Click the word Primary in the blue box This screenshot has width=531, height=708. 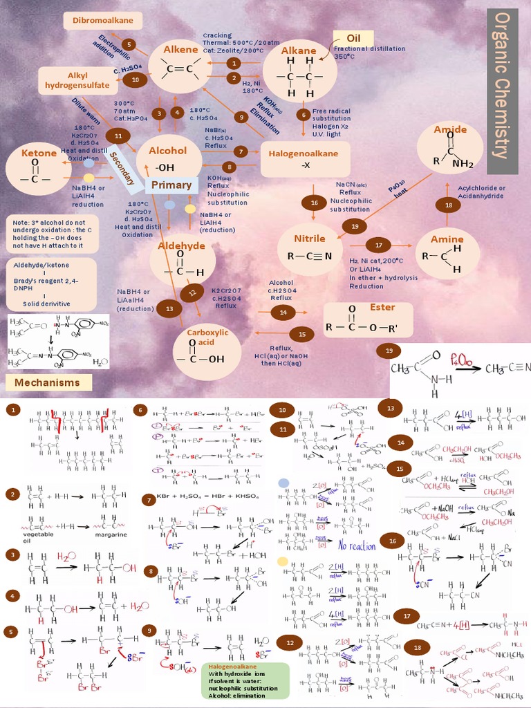pyautogui.click(x=171, y=185)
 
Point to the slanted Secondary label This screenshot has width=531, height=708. pyautogui.click(x=122, y=167)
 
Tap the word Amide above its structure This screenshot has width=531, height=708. pyautogui.click(x=450, y=129)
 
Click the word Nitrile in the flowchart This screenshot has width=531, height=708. pyautogui.click(x=309, y=239)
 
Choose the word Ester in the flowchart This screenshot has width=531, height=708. pyautogui.click(x=382, y=307)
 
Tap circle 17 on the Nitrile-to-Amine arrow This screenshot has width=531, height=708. pyautogui.click(x=378, y=245)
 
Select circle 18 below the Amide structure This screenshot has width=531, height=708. pyautogui.click(x=449, y=205)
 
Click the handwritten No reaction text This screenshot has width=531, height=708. pyautogui.click(x=357, y=546)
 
